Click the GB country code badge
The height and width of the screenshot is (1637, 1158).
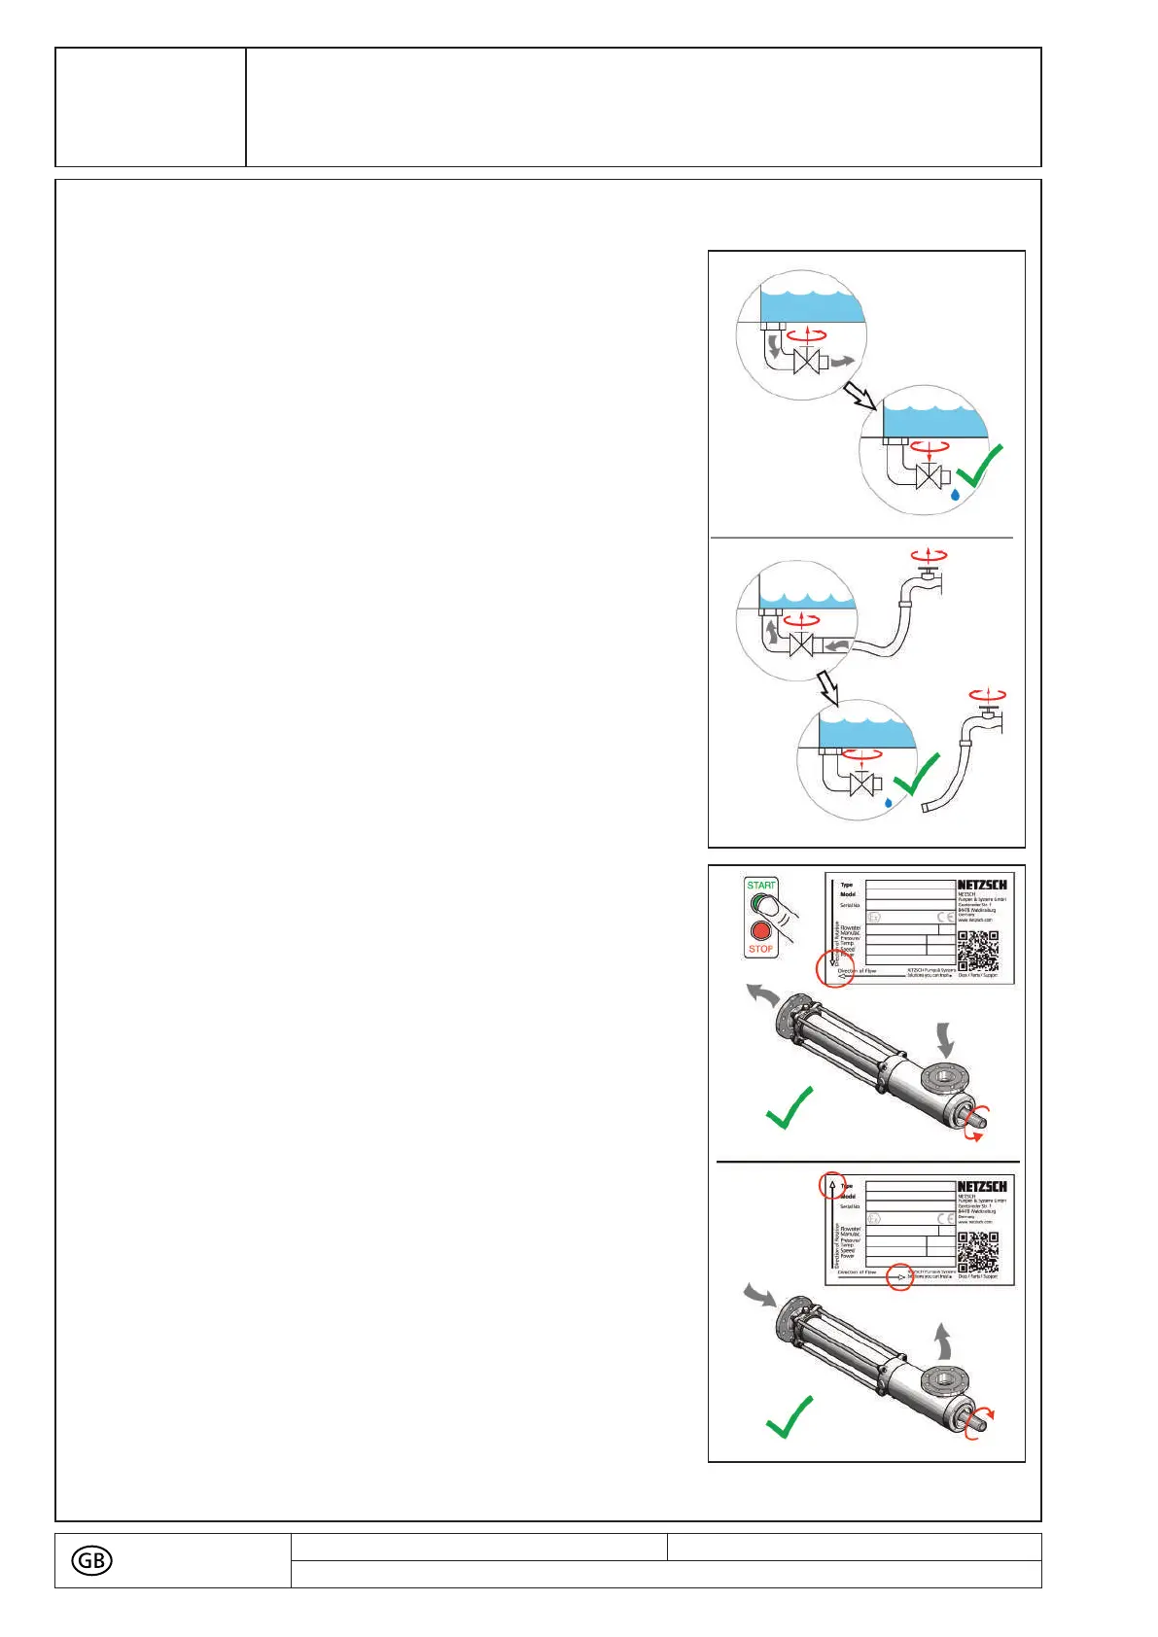pyautogui.click(x=91, y=1560)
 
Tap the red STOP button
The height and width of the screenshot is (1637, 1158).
pyautogui.click(x=761, y=930)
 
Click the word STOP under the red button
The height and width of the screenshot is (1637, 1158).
pyautogui.click(x=761, y=949)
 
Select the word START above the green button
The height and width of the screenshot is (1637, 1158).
pyautogui.click(x=761, y=885)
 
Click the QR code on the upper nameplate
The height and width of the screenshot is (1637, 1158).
pyautogui.click(x=977, y=951)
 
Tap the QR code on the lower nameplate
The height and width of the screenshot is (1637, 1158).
pyautogui.click(x=977, y=1252)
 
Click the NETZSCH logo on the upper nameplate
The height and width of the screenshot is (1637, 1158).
pyautogui.click(x=981, y=885)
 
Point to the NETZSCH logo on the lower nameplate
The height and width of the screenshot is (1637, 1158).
pyautogui.click(x=981, y=1186)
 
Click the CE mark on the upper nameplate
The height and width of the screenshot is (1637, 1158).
pyautogui.click(x=945, y=917)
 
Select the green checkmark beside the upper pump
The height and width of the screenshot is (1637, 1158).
pyautogui.click(x=789, y=1108)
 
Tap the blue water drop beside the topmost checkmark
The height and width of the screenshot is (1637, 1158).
pyautogui.click(x=956, y=494)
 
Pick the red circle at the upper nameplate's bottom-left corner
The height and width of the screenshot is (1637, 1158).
pyautogui.click(x=834, y=968)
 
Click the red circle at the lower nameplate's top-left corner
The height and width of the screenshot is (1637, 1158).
pyautogui.click(x=831, y=1185)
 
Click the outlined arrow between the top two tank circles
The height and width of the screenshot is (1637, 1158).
pyautogui.click(x=860, y=395)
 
